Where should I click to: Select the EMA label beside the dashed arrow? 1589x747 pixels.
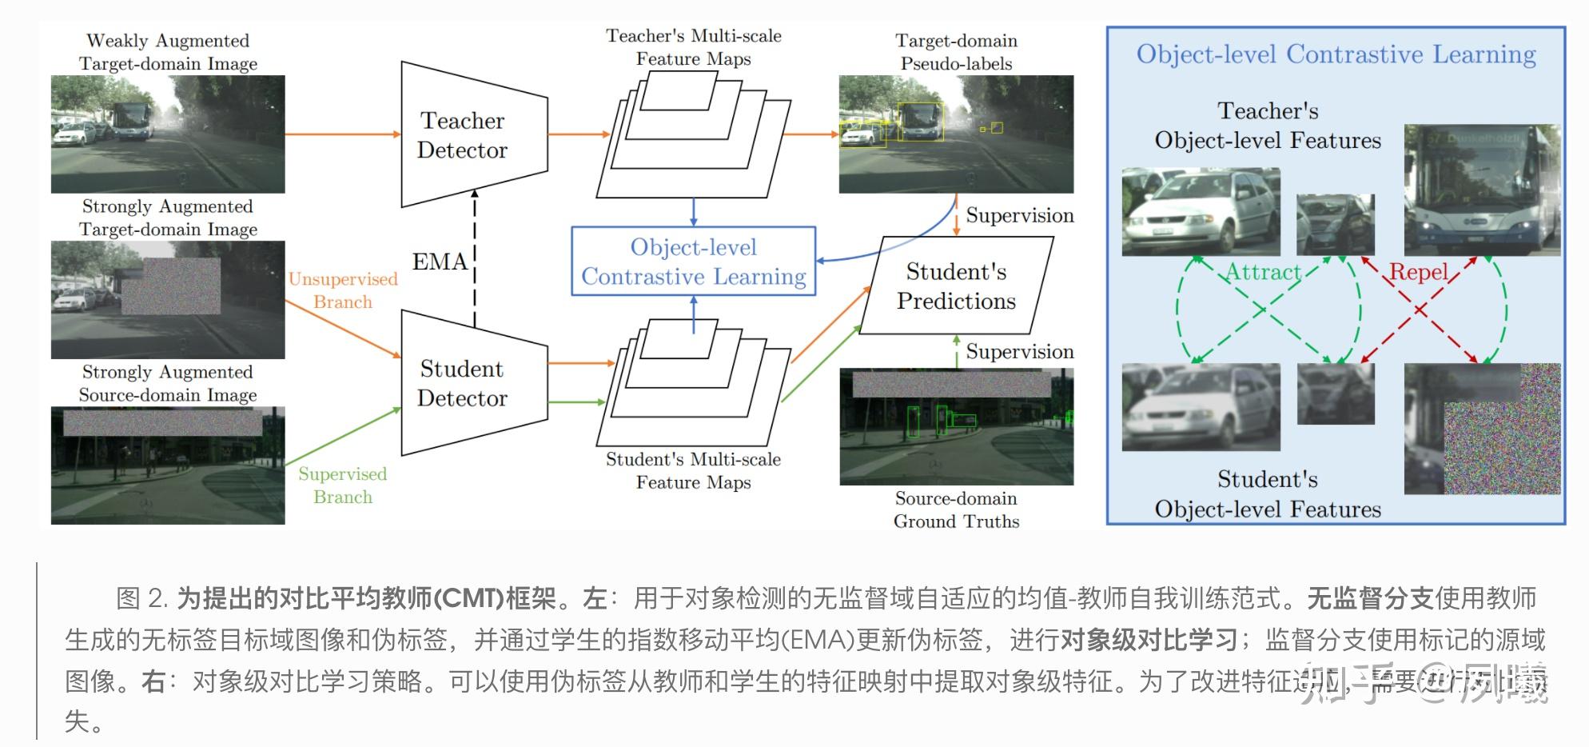click(x=439, y=262)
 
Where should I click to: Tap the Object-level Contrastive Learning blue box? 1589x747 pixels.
click(x=693, y=262)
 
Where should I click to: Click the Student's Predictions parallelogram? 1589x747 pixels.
click(x=956, y=286)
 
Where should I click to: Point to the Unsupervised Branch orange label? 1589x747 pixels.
click(x=343, y=290)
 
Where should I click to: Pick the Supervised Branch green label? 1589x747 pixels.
click(x=343, y=485)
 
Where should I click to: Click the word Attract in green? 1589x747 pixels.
click(x=1264, y=272)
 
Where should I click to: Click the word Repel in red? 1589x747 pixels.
click(x=1419, y=272)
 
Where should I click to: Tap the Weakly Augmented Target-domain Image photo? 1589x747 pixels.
click(x=168, y=134)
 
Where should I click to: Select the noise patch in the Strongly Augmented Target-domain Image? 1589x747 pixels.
click(x=171, y=286)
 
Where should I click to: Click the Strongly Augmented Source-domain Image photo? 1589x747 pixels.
click(x=168, y=465)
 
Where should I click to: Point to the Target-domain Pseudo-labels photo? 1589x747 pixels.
click(x=956, y=134)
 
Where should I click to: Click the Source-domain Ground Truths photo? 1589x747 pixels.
click(x=956, y=427)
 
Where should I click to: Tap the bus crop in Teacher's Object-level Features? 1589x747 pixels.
click(x=1482, y=190)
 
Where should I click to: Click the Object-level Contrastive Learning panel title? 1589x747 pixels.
click(x=1336, y=54)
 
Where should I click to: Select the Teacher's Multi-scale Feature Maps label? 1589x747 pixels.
click(x=693, y=47)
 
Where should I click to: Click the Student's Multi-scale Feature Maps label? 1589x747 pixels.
click(x=693, y=471)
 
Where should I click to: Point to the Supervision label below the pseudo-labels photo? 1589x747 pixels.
click(x=1019, y=215)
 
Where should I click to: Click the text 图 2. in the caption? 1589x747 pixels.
click(x=142, y=598)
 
